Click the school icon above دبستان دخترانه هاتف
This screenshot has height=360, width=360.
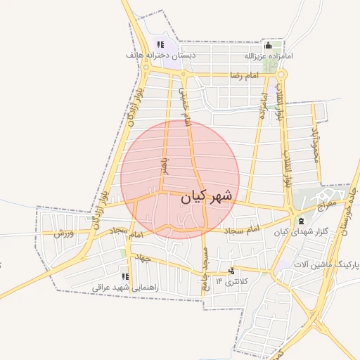click(160, 44)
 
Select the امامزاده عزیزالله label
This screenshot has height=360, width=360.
click(269, 55)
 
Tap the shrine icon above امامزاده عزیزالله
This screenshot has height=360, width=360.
click(267, 45)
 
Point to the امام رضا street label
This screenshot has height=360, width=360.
click(245, 75)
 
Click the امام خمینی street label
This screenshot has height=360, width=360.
click(184, 105)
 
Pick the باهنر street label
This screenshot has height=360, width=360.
click(163, 167)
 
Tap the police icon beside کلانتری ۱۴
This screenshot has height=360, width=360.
click(231, 271)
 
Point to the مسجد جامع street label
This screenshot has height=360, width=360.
click(205, 266)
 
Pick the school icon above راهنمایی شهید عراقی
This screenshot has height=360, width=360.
click(126, 277)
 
